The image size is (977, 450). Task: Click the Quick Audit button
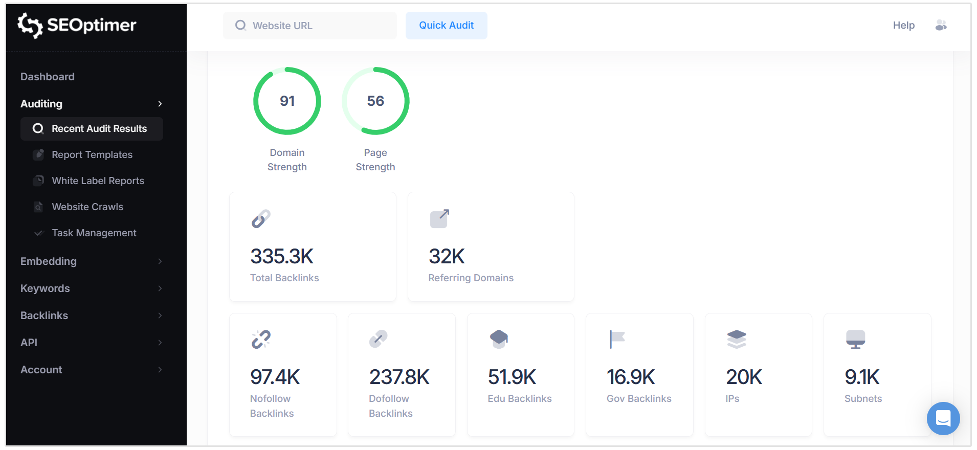(x=446, y=26)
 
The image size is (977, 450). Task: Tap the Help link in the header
(x=903, y=26)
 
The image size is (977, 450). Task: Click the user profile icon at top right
(x=941, y=26)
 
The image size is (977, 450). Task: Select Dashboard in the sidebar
(x=48, y=77)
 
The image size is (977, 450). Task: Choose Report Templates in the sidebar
(x=92, y=155)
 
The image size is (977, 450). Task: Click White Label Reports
(x=98, y=181)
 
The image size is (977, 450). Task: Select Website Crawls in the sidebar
(x=87, y=207)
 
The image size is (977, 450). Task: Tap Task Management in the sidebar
(x=94, y=233)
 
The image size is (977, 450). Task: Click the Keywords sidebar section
(x=45, y=288)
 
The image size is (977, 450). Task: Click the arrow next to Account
(x=160, y=370)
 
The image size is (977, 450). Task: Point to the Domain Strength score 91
(x=287, y=101)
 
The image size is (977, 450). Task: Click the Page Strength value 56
(x=375, y=101)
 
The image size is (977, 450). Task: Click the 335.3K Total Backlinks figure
(x=282, y=257)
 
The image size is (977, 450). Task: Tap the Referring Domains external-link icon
(x=439, y=218)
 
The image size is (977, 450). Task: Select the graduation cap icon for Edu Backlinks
(x=499, y=339)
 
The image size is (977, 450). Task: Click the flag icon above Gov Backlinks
(x=617, y=339)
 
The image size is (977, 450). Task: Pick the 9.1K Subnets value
(x=862, y=377)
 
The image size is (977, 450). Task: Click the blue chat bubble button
(x=943, y=418)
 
